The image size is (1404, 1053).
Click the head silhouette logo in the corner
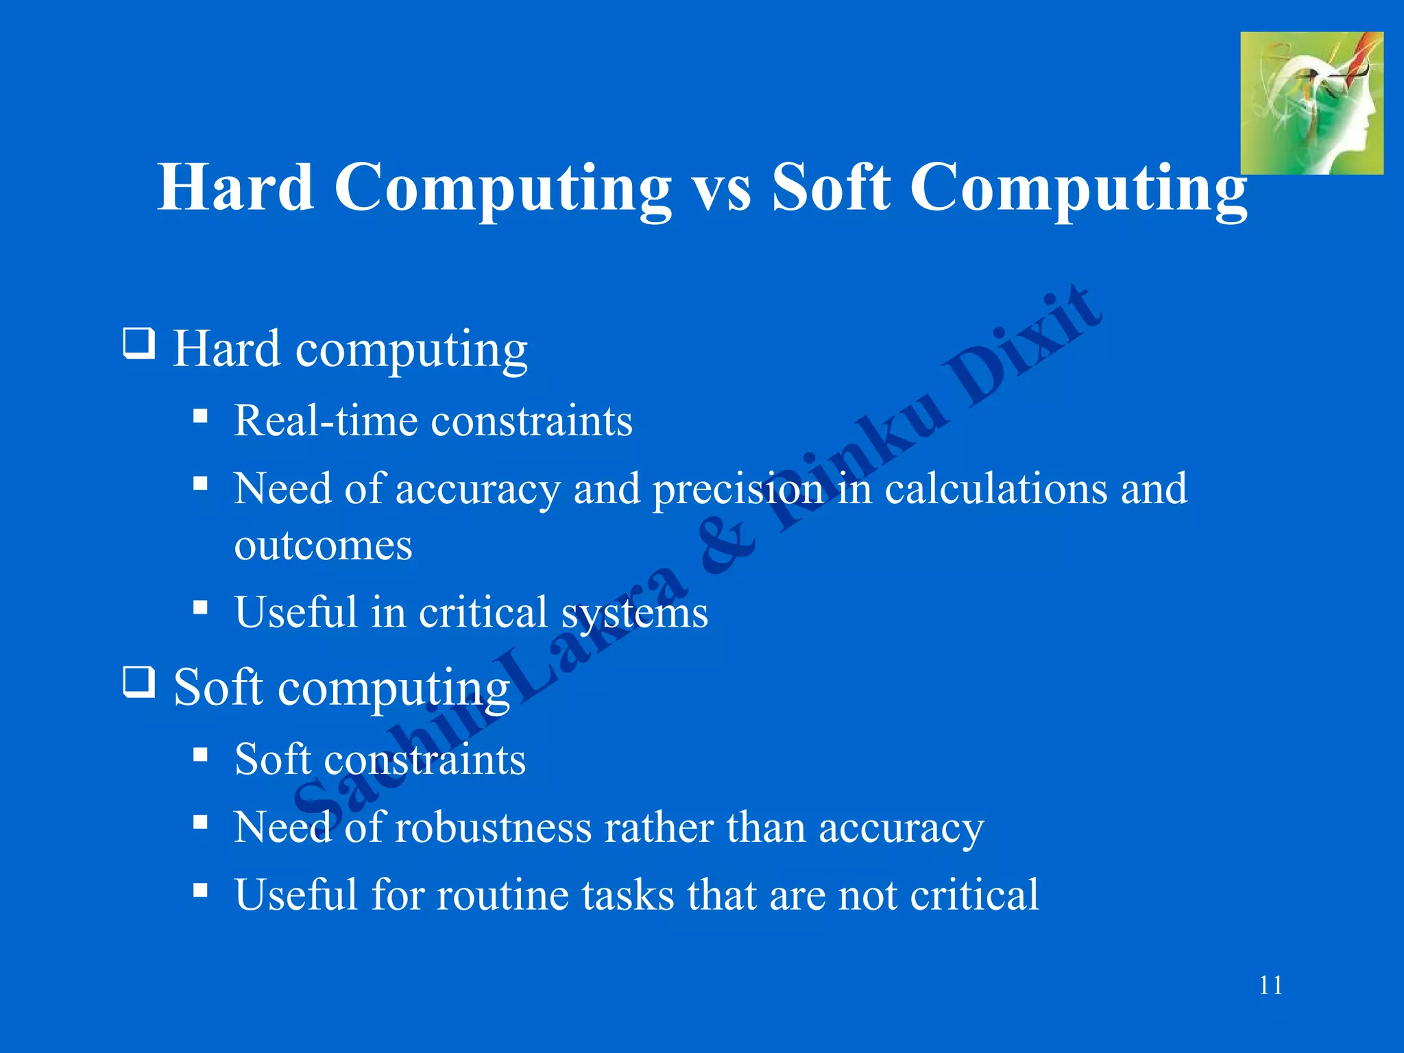[x=1311, y=103]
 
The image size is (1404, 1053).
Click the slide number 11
[x=1270, y=985]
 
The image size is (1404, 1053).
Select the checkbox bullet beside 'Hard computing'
[x=139, y=343]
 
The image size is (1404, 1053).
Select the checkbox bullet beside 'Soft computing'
[x=139, y=682]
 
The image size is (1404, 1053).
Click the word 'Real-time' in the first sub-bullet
[x=325, y=420]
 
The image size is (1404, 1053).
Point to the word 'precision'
[x=738, y=489]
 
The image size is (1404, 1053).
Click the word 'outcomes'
[x=323, y=546]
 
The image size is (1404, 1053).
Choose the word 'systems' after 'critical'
[x=634, y=612]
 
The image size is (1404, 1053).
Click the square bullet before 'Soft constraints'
[x=200, y=755]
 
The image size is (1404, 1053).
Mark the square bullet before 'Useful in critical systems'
[x=200, y=607]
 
